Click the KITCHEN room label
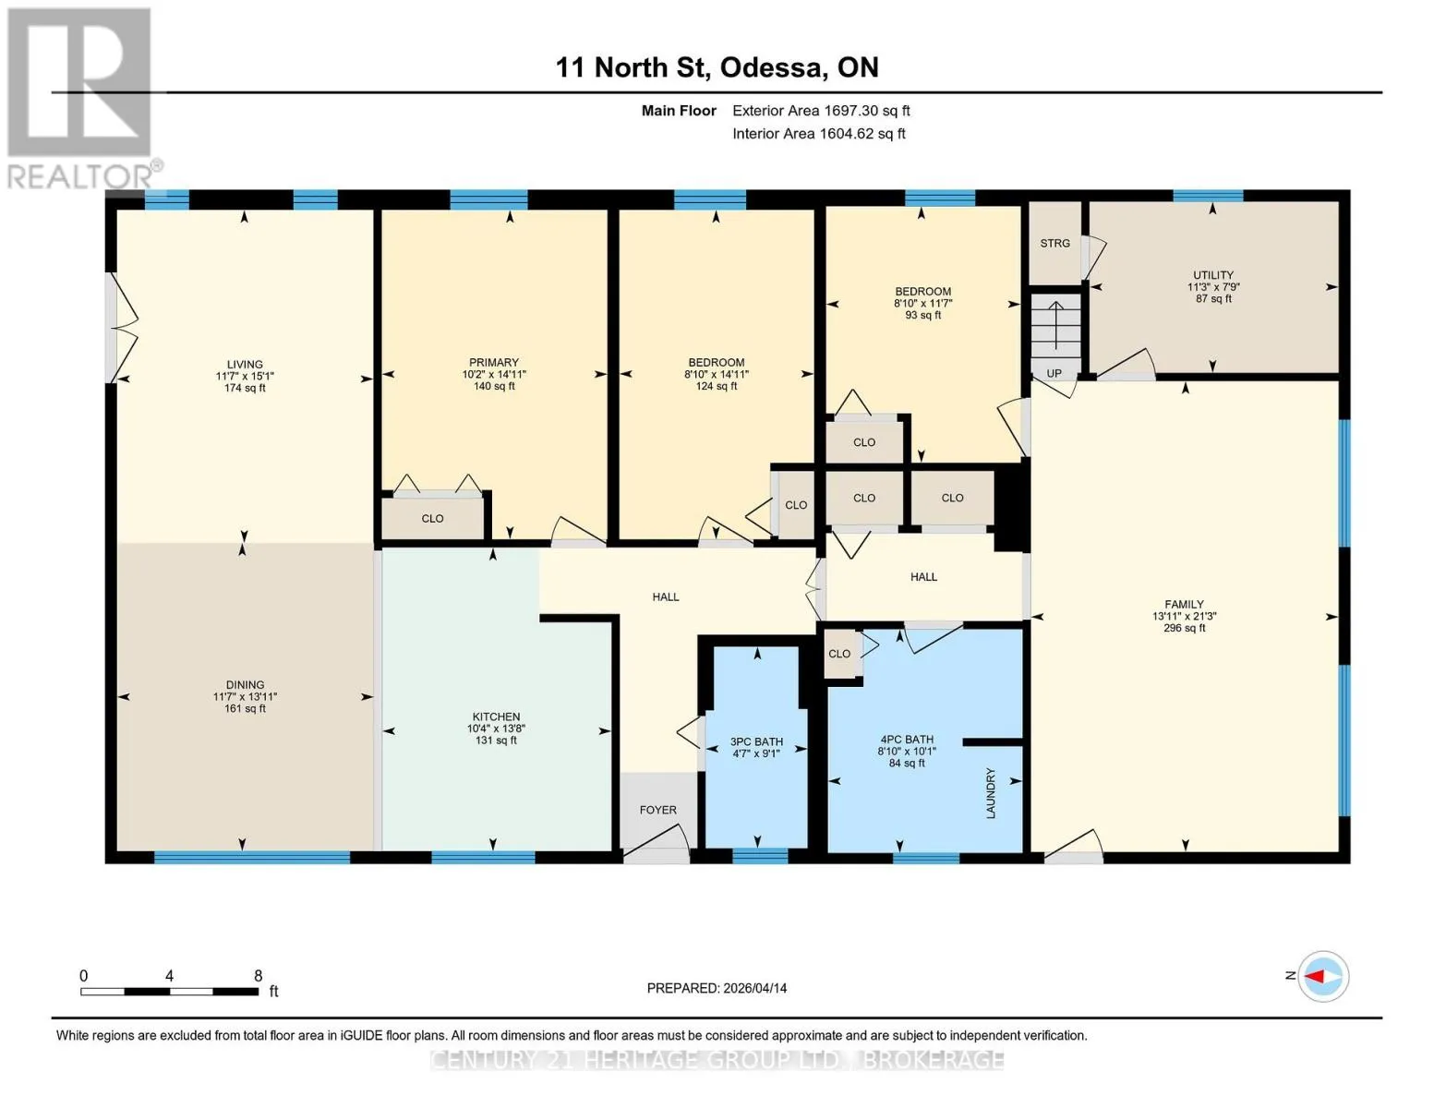pos(496,717)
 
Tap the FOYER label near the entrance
pos(658,810)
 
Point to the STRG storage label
pos(1054,244)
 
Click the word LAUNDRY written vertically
pos(991,793)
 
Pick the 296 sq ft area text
pos(1184,628)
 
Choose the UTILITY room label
pos(1213,275)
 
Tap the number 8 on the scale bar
pos(258,976)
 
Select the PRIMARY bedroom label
pos(494,362)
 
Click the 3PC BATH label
pos(756,741)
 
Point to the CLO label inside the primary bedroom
pos(432,519)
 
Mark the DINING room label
pos(245,685)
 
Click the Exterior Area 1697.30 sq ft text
pos(821,111)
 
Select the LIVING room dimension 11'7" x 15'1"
pos(245,376)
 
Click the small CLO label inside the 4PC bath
pos(838,654)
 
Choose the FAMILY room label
pos(1184,605)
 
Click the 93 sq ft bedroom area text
pos(922,316)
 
